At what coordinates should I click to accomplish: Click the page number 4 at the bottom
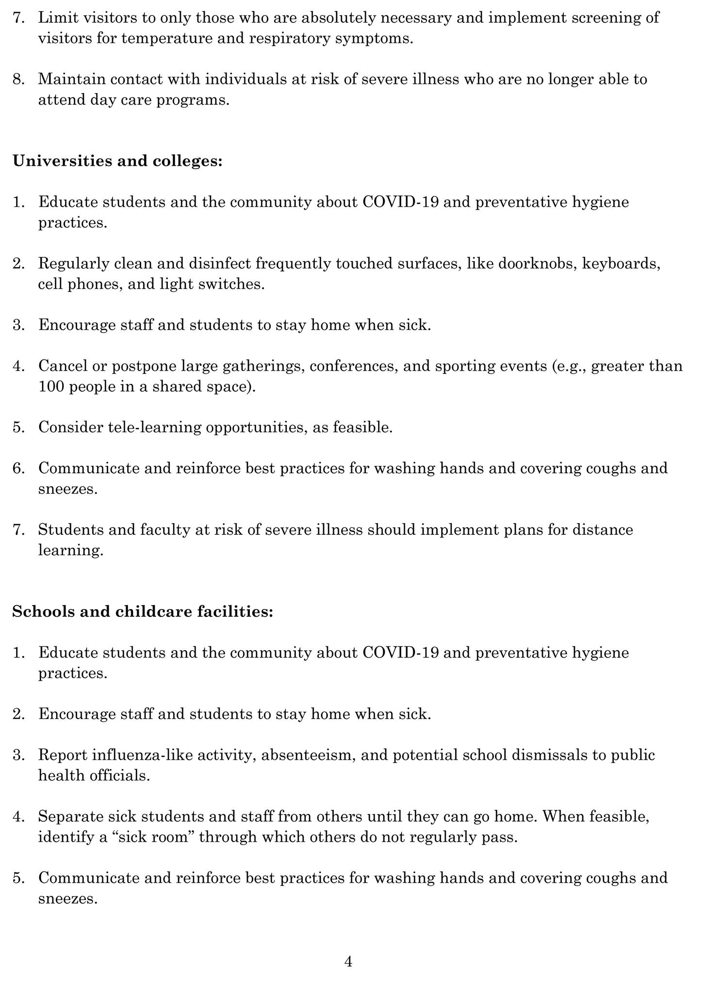pos(348,961)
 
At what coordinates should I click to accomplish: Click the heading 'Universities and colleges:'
pos(117,161)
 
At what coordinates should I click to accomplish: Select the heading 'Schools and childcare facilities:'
pos(143,611)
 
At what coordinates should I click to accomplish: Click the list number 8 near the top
pos(18,79)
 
